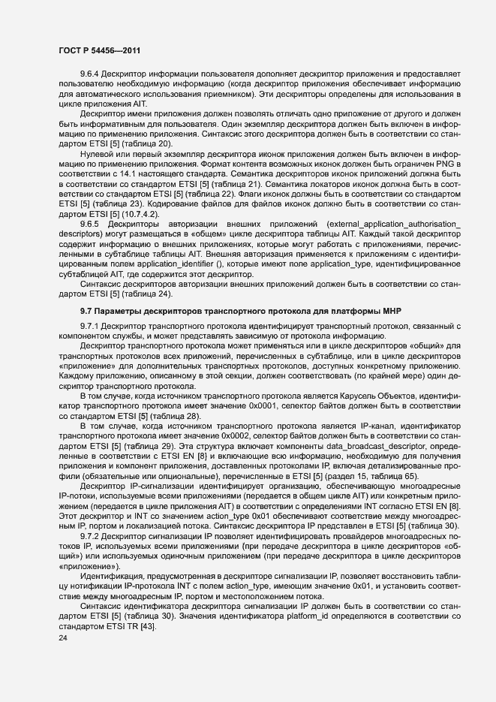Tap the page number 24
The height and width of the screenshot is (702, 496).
[x=62, y=636]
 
